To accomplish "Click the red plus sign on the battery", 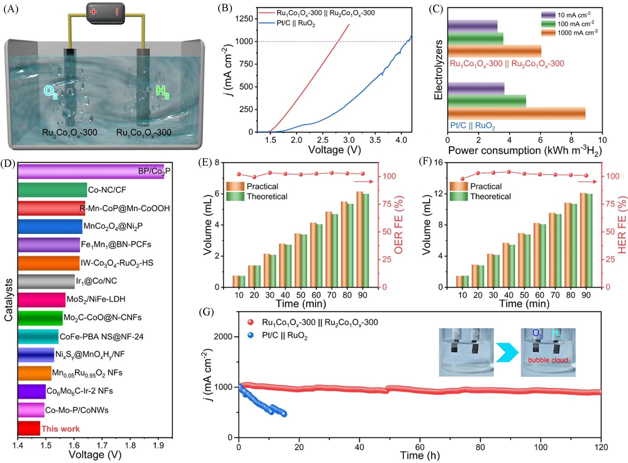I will click(93, 12).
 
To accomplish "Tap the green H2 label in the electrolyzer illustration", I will click(162, 93).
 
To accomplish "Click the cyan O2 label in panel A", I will click(51, 93).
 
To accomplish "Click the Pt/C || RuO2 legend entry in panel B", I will click(296, 23).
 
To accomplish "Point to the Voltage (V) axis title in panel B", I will click(334, 150).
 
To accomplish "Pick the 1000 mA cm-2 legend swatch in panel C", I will click(548, 33).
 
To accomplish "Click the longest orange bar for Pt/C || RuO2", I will click(516, 113).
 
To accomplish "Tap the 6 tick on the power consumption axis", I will click(540, 140).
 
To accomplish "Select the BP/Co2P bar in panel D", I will click(91, 171).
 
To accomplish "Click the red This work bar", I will click(29, 428).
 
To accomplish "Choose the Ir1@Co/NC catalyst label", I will click(96, 281).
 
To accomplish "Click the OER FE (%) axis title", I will click(399, 225).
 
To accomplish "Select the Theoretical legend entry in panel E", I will click(267, 196).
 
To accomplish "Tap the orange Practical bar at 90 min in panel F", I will click(583, 240).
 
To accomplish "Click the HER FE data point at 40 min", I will click(509, 172).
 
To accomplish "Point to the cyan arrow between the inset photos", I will click(507, 352).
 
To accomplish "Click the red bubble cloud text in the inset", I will click(548, 360).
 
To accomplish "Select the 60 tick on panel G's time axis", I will click(420, 447).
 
